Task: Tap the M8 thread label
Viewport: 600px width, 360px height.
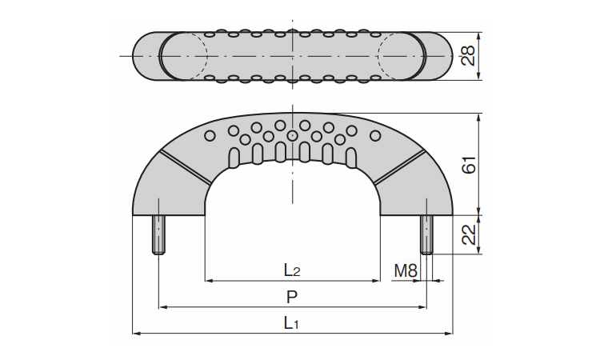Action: (406, 271)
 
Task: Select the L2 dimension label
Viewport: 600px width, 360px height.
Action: (292, 271)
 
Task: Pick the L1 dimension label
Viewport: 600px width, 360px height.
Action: (292, 323)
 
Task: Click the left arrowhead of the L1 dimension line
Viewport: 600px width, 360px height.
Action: (135, 332)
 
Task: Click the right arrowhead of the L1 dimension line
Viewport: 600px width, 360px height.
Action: (449, 332)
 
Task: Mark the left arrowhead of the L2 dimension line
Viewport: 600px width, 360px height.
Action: (209, 281)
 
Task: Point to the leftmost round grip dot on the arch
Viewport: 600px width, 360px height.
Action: (210, 135)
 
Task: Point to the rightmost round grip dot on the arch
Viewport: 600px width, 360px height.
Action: (375, 135)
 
